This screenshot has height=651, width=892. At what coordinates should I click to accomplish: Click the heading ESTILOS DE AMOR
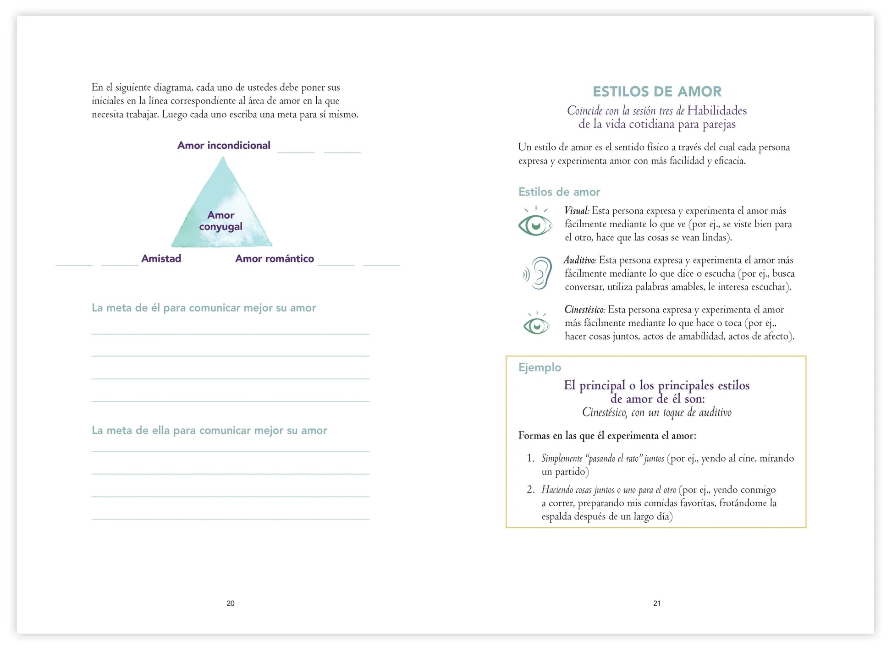coord(657,92)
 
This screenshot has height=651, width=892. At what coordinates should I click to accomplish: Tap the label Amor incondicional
coord(224,145)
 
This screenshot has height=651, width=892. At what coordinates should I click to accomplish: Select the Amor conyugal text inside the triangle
coord(221,221)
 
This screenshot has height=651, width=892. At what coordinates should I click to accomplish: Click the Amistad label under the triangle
coord(161,258)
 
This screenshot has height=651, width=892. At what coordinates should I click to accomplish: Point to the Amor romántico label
coord(275,258)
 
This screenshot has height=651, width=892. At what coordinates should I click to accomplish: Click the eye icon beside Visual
coord(535,223)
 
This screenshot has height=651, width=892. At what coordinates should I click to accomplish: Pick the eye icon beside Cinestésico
coord(536,324)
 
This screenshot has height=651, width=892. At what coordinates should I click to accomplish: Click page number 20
coord(231,603)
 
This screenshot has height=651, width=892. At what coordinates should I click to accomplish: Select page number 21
coord(657,603)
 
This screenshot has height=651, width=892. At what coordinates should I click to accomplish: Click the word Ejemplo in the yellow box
coord(540,367)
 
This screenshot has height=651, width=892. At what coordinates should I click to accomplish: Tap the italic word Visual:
coord(577,211)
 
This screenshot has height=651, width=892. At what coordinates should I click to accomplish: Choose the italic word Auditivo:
coord(580,260)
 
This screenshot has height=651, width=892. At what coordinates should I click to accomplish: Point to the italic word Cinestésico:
coord(585,310)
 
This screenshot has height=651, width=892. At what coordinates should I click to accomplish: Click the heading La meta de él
coord(204,308)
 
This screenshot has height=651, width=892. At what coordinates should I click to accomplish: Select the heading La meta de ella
coord(209,431)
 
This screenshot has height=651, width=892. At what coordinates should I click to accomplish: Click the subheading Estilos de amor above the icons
coord(559,192)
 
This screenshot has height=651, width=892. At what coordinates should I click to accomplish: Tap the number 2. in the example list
coord(530,490)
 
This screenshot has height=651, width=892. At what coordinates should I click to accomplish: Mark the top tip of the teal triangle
coord(223,158)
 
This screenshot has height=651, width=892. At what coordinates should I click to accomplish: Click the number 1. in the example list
coord(530,458)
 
